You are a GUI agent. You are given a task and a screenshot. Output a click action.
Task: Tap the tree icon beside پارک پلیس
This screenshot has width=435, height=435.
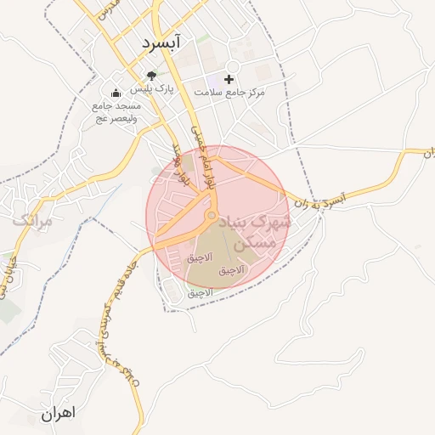click(x=152, y=75)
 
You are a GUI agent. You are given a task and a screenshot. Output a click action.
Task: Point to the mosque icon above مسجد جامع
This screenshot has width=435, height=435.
click(x=116, y=93)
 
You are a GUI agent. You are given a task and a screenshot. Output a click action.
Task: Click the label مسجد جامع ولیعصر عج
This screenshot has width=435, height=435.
click(x=116, y=111)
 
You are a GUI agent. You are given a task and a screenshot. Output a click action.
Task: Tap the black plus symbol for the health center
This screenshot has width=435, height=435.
click(x=229, y=77)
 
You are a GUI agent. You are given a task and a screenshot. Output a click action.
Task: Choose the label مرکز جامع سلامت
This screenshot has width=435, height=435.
click(x=229, y=91)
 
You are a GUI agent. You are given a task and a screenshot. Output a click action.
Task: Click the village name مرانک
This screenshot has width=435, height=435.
click(x=32, y=220)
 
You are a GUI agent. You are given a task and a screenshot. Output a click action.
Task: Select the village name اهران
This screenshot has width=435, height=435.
click(x=57, y=413)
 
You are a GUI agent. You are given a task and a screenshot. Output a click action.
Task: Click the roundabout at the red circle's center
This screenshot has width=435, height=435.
click(x=211, y=217)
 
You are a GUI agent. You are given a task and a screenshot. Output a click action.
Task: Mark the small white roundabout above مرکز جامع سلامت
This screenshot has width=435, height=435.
click(x=231, y=66)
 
